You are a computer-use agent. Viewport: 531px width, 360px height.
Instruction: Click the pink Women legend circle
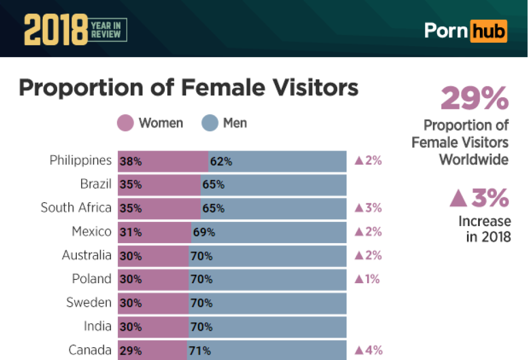pyautogui.click(x=125, y=123)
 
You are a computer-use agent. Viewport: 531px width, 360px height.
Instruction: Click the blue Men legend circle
pyautogui.click(x=210, y=123)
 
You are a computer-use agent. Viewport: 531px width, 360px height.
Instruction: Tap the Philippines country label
pyautogui.click(x=80, y=161)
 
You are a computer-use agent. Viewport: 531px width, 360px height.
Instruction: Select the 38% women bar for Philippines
pyautogui.click(x=163, y=161)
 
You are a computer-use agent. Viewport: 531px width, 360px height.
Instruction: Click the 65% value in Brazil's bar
pyautogui.click(x=213, y=185)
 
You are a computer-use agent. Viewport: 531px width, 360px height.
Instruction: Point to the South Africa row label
pyautogui.click(x=76, y=208)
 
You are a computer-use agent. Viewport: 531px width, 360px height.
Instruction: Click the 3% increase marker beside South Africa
pyautogui.click(x=368, y=208)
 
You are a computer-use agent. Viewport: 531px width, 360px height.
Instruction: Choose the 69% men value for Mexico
pyautogui.click(x=204, y=232)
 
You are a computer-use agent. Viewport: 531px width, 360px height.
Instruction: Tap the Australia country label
pyautogui.click(x=86, y=255)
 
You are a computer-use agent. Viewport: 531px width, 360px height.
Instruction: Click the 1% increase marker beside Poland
pyautogui.click(x=367, y=279)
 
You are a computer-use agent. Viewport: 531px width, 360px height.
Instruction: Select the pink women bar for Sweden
pyautogui.click(x=153, y=303)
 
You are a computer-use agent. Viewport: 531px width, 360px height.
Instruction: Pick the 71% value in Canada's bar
pyautogui.click(x=200, y=351)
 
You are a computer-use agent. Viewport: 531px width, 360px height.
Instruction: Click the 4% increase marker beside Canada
pyautogui.click(x=368, y=350)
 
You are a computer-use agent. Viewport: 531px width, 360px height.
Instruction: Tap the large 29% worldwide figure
pyautogui.click(x=474, y=98)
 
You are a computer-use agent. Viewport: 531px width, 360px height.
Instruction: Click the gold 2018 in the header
pyautogui.click(x=55, y=30)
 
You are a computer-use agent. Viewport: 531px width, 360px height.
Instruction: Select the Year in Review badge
pyautogui.click(x=108, y=30)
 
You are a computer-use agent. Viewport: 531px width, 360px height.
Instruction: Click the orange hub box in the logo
pyautogui.click(x=488, y=30)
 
